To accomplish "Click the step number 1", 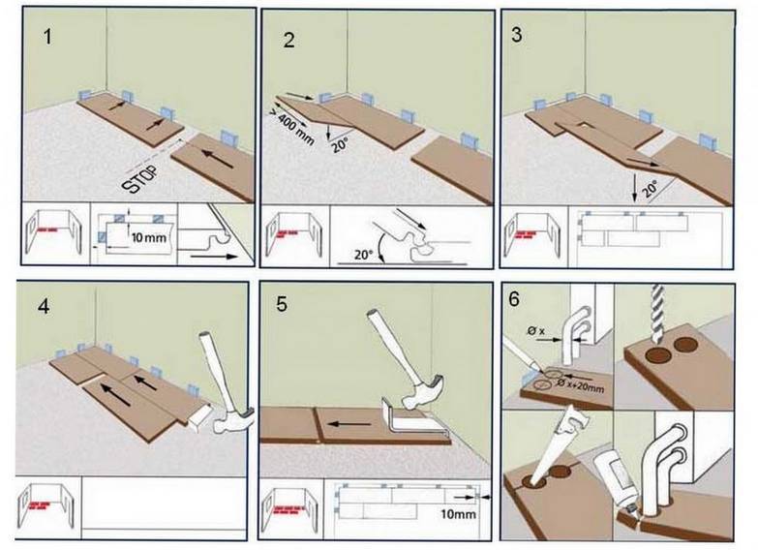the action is click(x=47, y=37).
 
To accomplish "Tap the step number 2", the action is click(x=289, y=40).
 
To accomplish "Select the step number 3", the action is click(x=517, y=34).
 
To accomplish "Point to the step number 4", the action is click(x=44, y=307).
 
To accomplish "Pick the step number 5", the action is click(x=282, y=304).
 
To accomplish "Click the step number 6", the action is click(x=514, y=299).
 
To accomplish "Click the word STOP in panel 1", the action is click(x=140, y=179).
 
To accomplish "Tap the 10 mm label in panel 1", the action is click(x=149, y=237).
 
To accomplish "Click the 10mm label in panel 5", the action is click(x=458, y=514).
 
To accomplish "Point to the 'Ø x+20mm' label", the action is click(x=581, y=385).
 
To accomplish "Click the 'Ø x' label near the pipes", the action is click(x=536, y=331).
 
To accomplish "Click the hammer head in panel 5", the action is click(x=425, y=391).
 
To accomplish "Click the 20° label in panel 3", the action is click(x=651, y=188).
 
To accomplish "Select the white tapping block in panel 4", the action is click(x=198, y=417).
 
